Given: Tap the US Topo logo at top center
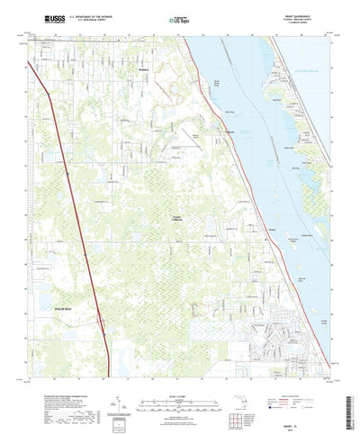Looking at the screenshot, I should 178,19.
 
